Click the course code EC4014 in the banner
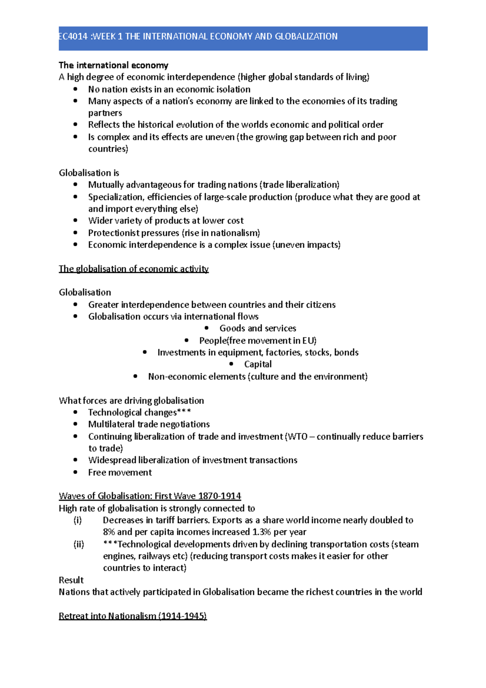73,36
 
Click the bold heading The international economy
113,65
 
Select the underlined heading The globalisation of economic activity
134,269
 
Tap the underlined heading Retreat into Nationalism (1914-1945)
133,616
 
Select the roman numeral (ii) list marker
79,544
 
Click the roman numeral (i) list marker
77,520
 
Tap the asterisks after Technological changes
184,412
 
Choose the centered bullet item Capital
258,364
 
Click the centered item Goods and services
258,328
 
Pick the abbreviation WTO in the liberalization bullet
297,436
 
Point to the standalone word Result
71,580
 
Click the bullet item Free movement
120,472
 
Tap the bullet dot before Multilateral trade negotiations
75,424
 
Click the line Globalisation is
89,173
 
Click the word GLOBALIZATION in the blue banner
306,36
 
